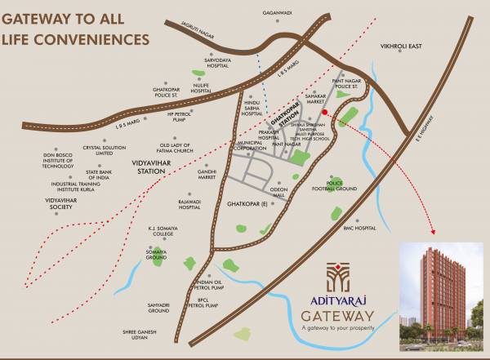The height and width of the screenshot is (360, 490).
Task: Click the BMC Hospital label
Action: coord(359,228)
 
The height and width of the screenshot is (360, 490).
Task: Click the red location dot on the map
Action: coord(324,112)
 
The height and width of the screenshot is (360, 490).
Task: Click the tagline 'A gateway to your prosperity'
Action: coord(338,329)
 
